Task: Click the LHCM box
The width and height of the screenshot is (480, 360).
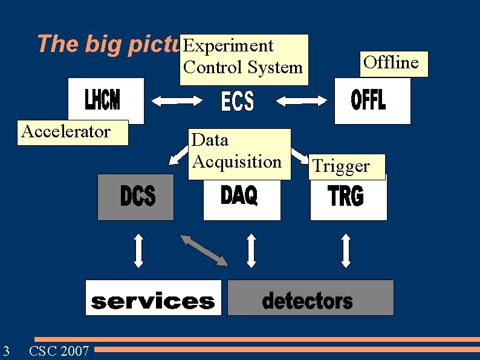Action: coord(106,100)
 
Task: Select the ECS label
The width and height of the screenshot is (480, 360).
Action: coord(238,101)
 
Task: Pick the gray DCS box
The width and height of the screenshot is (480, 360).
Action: coord(135,197)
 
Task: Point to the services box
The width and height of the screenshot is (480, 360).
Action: coord(153,298)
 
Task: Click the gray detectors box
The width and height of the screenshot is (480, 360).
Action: coord(310,298)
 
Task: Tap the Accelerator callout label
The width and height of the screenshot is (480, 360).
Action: coord(65,132)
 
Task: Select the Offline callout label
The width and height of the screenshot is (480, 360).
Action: coord(391,63)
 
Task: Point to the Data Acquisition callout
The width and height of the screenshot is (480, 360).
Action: coord(238,152)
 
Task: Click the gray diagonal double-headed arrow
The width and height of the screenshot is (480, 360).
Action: coord(204,250)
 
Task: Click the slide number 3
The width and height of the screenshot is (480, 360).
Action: coord(5,350)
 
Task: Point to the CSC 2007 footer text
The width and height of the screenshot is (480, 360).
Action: coord(59,350)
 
